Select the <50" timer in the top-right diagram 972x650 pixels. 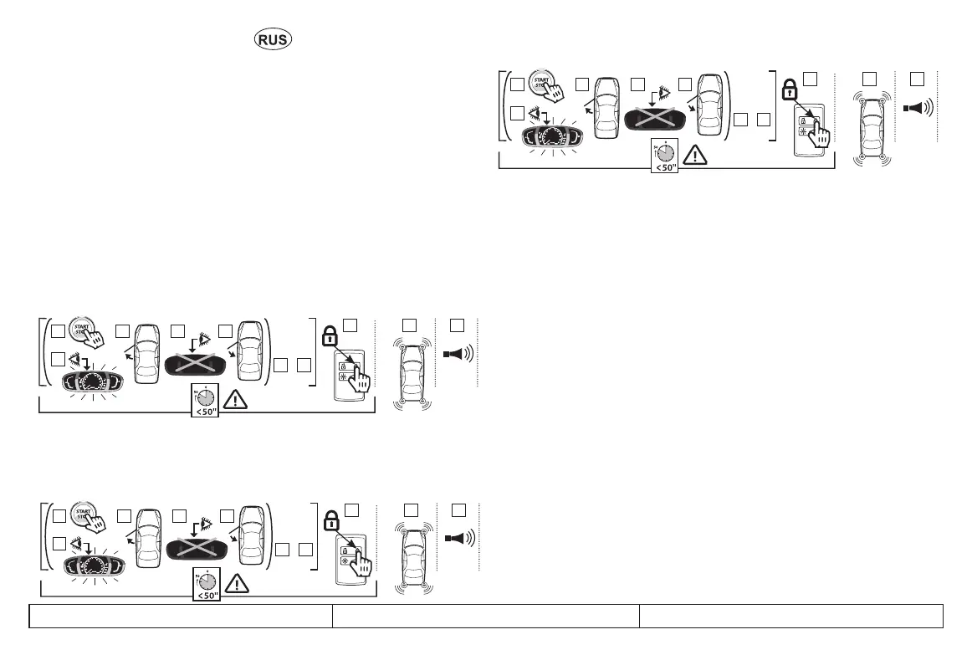point(664,156)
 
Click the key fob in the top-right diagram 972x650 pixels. point(809,130)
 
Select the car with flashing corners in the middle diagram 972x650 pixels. point(412,374)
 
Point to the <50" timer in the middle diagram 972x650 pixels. point(206,401)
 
